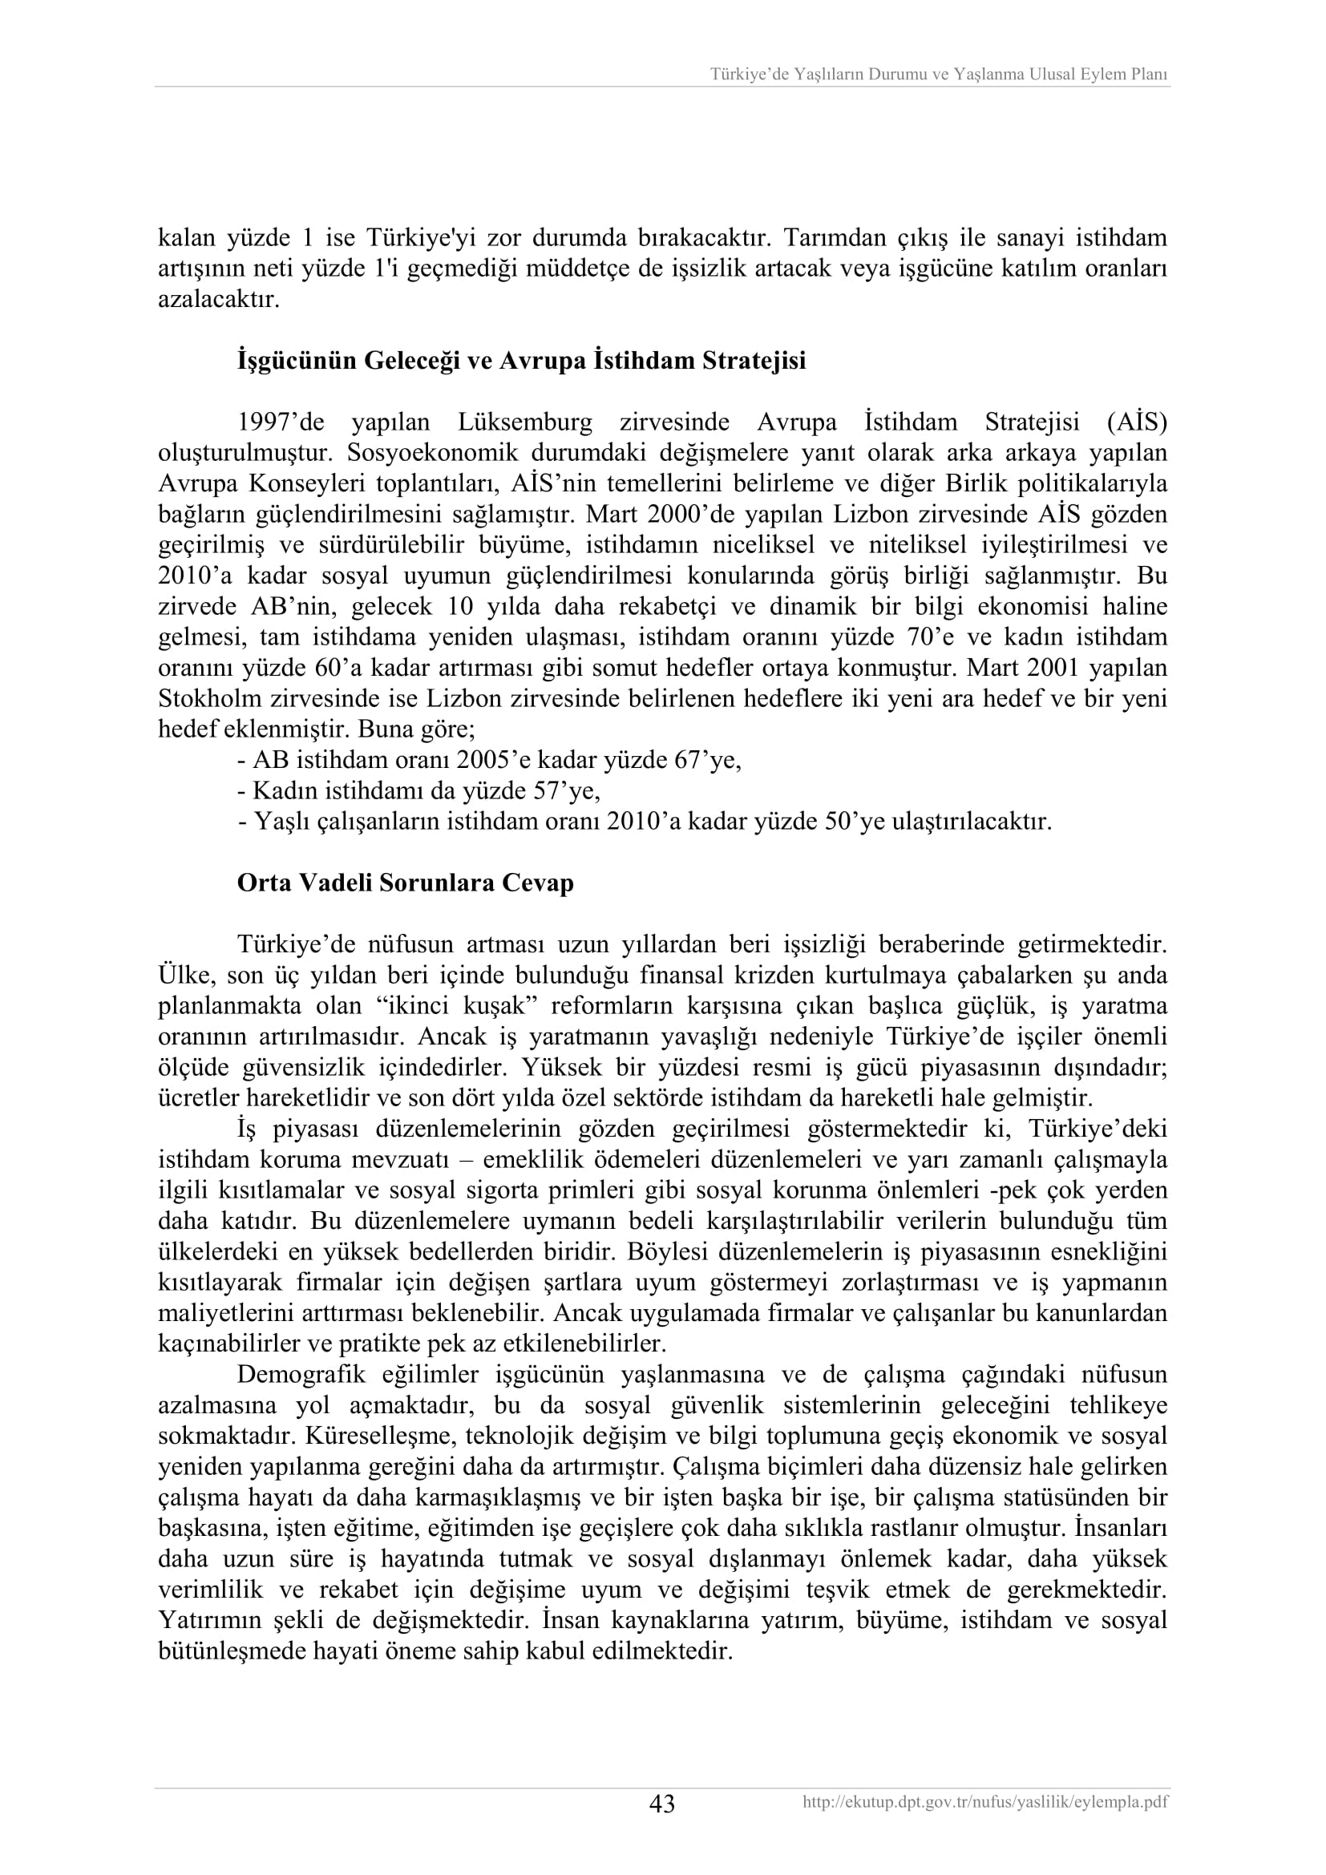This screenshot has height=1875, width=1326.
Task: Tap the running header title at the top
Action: point(939,75)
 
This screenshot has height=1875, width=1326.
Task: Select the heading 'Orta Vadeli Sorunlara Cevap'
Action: point(405,883)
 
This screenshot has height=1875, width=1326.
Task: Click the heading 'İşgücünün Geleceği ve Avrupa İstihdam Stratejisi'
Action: point(521,360)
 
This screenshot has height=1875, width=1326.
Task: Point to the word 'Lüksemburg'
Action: point(525,422)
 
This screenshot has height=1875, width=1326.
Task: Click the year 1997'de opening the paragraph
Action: point(281,422)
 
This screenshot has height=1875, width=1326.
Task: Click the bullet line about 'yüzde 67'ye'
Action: point(489,760)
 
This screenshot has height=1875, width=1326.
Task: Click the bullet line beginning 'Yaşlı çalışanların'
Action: point(644,821)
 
